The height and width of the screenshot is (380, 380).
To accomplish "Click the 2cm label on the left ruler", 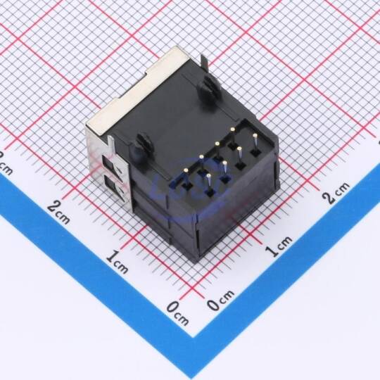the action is click(59, 213).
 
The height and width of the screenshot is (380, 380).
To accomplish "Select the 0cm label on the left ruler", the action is click(177, 313).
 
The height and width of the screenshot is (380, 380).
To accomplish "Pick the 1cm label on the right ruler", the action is click(278, 246).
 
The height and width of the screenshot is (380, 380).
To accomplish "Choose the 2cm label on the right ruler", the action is click(336, 192).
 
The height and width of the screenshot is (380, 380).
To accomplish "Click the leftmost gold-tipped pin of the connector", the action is click(186, 170).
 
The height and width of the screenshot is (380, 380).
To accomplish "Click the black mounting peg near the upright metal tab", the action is click(208, 87).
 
